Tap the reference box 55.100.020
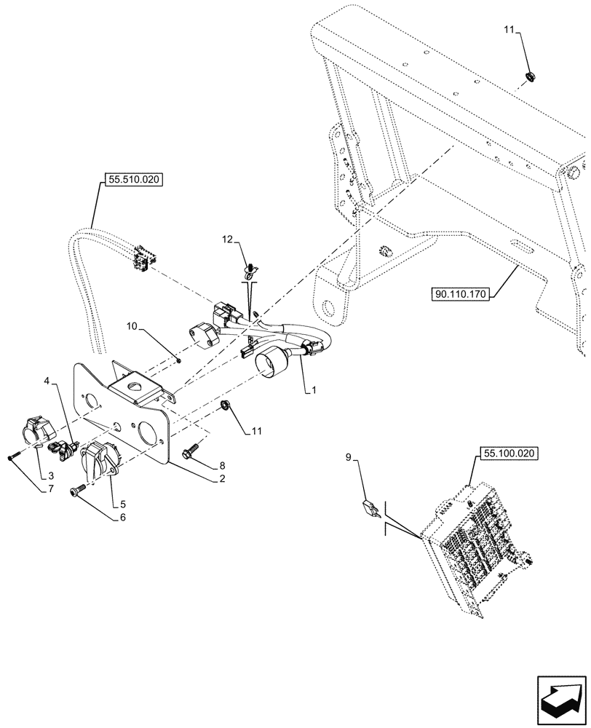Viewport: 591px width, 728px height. (508, 453)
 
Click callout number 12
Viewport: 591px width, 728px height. (229, 239)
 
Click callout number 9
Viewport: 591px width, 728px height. (348, 458)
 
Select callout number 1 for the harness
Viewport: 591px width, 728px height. (313, 391)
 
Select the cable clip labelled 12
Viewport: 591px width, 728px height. (249, 272)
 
